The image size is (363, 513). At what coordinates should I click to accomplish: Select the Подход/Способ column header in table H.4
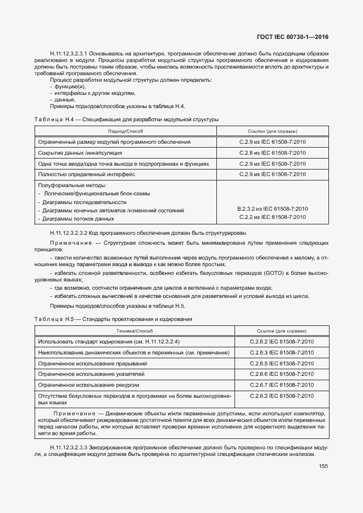point(126,131)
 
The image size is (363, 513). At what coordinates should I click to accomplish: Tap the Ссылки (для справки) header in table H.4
point(272,131)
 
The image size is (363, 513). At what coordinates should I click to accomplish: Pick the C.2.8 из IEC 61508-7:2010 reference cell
point(272,153)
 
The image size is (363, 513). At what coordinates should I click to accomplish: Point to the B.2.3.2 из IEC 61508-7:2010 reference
point(272,208)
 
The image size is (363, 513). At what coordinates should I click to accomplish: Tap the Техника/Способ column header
point(135,331)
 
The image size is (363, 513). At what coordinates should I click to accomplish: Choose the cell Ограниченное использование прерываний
point(92,363)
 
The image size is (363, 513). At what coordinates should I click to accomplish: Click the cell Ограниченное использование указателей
point(91,374)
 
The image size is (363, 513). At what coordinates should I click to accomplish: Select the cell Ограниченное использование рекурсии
point(88,385)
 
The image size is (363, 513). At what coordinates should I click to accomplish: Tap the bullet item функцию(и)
point(70,87)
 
